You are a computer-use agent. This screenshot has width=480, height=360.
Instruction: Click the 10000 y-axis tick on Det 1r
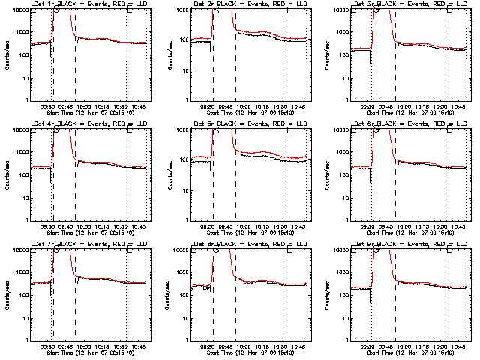pyautogui.click(x=20, y=10)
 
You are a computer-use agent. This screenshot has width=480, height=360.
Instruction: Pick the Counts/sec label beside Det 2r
pyautogui.click(x=169, y=55)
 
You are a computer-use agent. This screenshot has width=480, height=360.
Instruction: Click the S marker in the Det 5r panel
pyautogui.click(x=217, y=130)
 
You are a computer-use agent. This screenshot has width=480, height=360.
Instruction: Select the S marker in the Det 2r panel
pyautogui.click(x=217, y=10)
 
